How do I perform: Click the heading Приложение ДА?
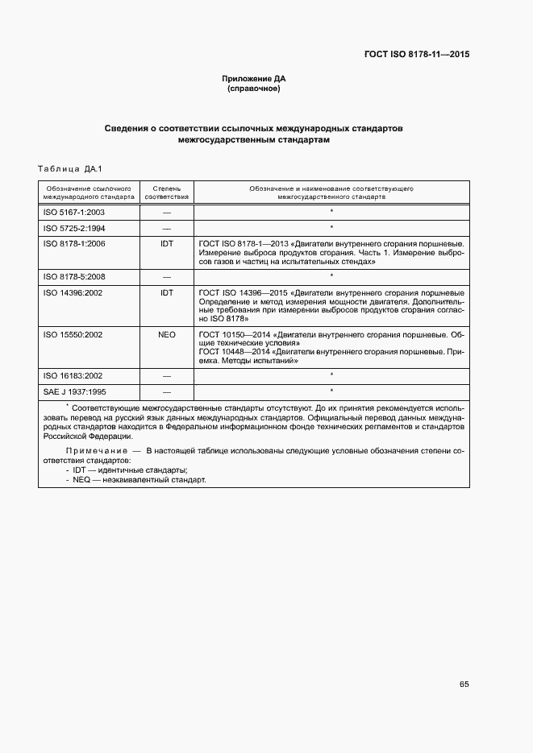pos(254,78)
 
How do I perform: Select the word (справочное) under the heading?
pos(254,89)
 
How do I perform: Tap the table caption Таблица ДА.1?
pos(68,168)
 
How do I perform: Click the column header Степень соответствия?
pos(167,192)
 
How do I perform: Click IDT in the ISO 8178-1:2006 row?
pos(167,243)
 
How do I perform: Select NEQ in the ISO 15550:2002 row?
pos(167,333)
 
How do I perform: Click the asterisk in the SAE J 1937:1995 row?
pos(331,391)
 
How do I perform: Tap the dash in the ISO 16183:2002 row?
pos(167,375)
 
